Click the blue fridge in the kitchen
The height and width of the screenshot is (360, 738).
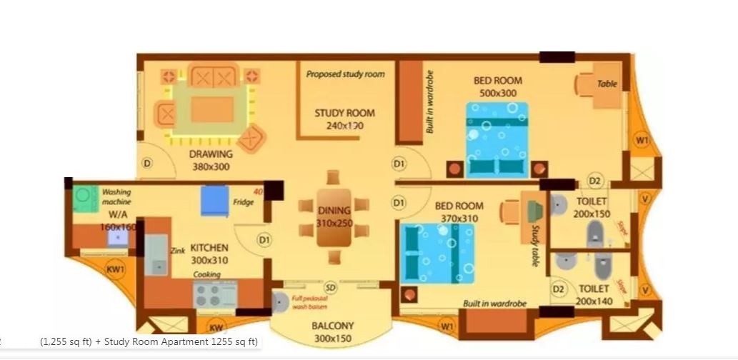pyautogui.click(x=214, y=201)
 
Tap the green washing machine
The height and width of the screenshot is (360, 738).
pyautogui.click(x=85, y=197)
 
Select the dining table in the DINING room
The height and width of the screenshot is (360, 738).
pyautogui.click(x=334, y=219)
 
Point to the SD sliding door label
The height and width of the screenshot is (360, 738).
pyautogui.click(x=330, y=286)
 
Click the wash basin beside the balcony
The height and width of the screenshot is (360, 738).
pyautogui.click(x=279, y=302)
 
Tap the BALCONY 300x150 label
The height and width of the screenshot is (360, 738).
pyautogui.click(x=332, y=331)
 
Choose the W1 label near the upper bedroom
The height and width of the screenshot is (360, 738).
pyautogui.click(x=642, y=141)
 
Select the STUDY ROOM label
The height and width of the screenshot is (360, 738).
pyautogui.click(x=344, y=119)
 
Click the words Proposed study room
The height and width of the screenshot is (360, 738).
pyautogui.click(x=345, y=74)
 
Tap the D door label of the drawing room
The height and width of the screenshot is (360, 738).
pyautogui.click(x=147, y=163)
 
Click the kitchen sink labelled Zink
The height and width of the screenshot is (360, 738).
pyautogui.click(x=156, y=255)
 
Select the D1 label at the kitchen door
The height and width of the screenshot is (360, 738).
pyautogui.click(x=264, y=240)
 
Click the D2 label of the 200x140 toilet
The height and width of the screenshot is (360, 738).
pyautogui.click(x=559, y=289)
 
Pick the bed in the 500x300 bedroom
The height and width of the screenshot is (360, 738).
pyautogui.click(x=497, y=139)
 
